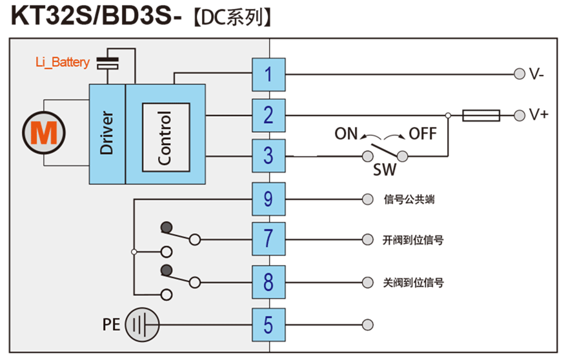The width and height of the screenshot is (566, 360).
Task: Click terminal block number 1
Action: coord(268,74)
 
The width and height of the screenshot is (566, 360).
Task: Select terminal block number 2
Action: coord(268,115)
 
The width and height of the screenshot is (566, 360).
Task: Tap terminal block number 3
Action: coord(268,155)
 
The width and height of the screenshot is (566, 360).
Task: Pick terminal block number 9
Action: coord(268,199)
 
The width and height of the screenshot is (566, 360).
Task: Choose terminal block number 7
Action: coord(268,239)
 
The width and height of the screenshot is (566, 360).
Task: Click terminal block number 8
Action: coord(268,282)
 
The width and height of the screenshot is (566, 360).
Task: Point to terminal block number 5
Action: coord(268,325)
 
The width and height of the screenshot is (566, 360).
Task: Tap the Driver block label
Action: coord(106,133)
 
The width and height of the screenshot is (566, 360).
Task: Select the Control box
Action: coord(166,137)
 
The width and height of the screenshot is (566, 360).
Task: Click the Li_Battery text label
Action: coord(63,63)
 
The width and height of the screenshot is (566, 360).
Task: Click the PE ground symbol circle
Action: coord(141,324)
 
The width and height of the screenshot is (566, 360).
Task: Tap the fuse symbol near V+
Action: coord(481,115)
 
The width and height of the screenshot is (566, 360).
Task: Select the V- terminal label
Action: coord(537,74)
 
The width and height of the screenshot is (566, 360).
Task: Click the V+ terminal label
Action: coord(538,115)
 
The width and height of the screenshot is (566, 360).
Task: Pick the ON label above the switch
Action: coord(346,134)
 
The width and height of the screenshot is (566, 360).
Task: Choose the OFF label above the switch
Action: coord(423,134)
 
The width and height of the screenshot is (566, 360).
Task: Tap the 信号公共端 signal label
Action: coord(409,199)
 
